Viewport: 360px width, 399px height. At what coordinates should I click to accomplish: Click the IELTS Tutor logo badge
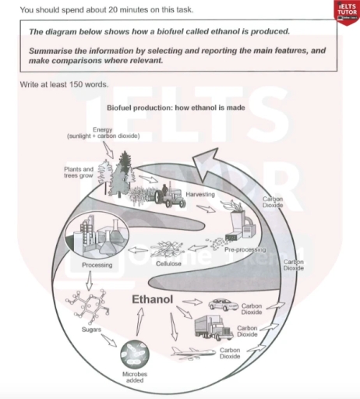click(344, 12)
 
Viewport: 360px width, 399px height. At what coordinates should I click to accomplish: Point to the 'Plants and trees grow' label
click(79, 171)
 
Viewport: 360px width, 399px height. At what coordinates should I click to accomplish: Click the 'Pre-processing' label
click(245, 250)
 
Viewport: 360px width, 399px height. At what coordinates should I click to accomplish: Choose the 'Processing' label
click(97, 265)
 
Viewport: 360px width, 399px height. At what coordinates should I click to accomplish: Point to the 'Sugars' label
click(81, 331)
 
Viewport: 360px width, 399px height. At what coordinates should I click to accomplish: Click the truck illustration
click(212, 327)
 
